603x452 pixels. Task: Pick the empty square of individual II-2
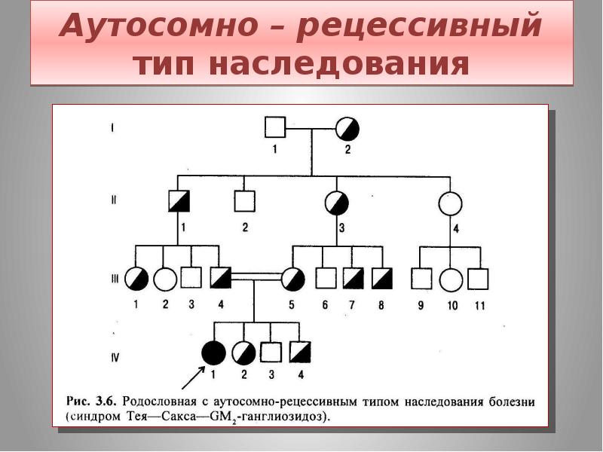[x=244, y=201]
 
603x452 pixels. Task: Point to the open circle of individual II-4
[x=450, y=203]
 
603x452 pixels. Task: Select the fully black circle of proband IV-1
[x=214, y=353]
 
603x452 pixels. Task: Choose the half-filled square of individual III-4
[x=220, y=278]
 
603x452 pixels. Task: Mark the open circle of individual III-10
[x=450, y=279]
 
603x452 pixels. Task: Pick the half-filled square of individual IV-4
[x=300, y=353]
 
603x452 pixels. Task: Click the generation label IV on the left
[x=115, y=358]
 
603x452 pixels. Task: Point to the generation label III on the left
[x=114, y=277]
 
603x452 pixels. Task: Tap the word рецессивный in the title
[x=419, y=28]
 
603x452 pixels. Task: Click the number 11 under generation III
[x=479, y=306]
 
